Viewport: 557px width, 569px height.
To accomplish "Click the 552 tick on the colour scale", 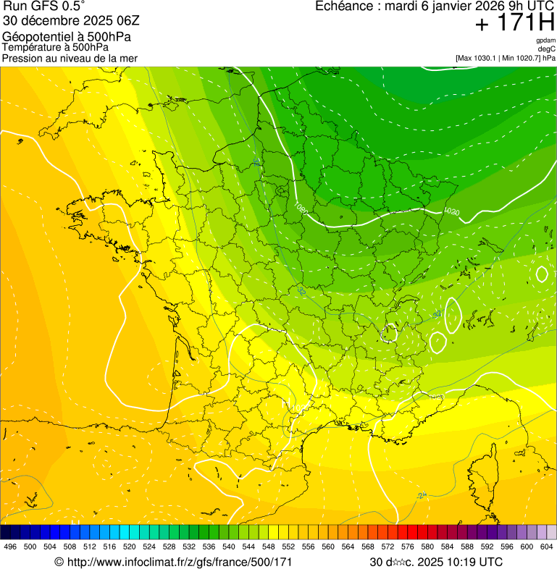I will coord(288,547).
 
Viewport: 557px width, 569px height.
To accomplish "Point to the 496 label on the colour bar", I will coord(10,547).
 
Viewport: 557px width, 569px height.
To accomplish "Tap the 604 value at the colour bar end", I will coord(546,547).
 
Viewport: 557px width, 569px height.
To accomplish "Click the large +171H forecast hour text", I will coord(514,23).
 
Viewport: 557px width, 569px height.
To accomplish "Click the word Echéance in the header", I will coord(344,7).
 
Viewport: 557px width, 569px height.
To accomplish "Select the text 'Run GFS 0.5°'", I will coord(44,7).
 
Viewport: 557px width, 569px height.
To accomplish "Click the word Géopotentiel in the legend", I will coord(37,37).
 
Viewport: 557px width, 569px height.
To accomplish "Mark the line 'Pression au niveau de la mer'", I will coord(70,58).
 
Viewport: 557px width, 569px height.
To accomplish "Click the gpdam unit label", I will coord(545,41).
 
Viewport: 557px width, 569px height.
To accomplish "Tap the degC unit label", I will coord(547,49).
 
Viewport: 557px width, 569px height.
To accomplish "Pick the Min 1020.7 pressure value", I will coord(521,58).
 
